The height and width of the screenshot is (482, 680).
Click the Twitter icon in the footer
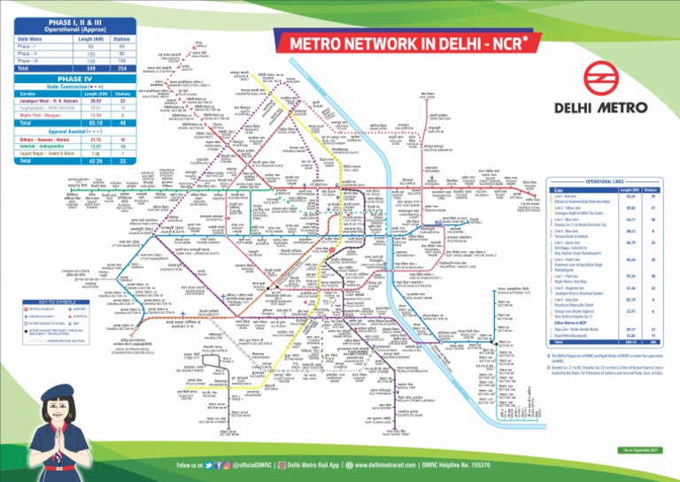(x=208, y=464)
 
